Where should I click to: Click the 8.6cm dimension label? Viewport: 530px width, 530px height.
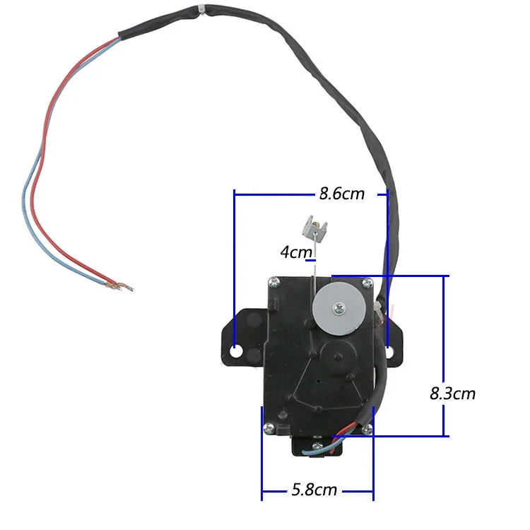342,193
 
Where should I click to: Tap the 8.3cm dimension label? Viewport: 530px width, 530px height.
453,394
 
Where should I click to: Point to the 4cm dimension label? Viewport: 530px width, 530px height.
295,252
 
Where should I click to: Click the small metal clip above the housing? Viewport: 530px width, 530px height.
314,228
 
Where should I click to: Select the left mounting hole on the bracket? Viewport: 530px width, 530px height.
237,351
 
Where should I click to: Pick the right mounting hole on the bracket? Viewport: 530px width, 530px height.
391,350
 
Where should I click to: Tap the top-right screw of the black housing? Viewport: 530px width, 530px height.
365,283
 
